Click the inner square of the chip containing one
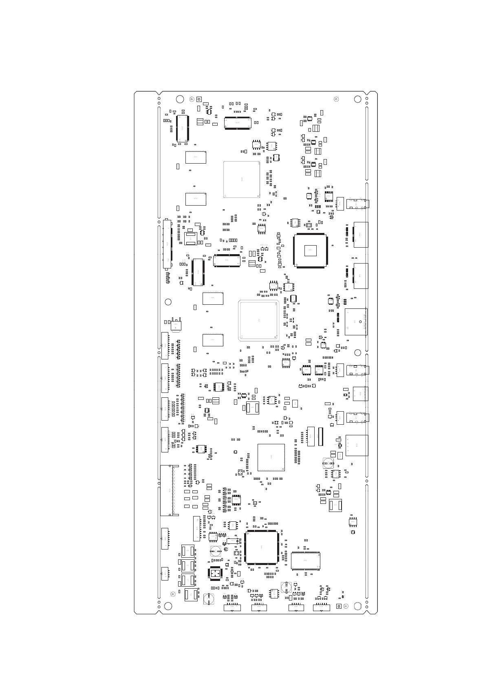[310, 250]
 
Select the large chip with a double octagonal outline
[258, 321]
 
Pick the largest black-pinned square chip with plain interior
[261, 547]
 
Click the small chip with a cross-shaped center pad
[215, 573]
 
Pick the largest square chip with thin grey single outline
[241, 180]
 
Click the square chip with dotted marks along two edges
[271, 457]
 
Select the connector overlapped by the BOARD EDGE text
[355, 322]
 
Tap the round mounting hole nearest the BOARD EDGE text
[357, 352]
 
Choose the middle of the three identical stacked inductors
[187, 566]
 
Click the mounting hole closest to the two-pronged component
[168, 302]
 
